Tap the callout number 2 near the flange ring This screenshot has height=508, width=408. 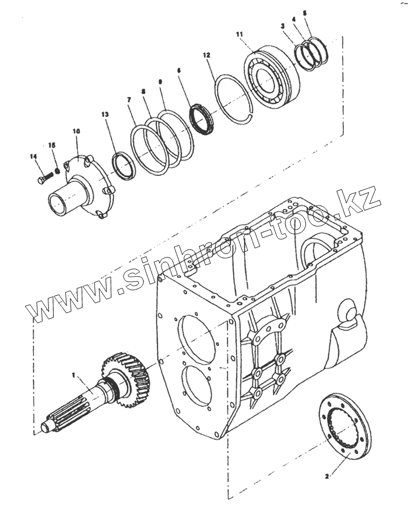(327, 476)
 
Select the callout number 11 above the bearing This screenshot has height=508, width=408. (240, 35)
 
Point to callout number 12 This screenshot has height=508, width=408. (206, 55)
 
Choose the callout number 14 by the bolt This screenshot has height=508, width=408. (33, 156)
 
